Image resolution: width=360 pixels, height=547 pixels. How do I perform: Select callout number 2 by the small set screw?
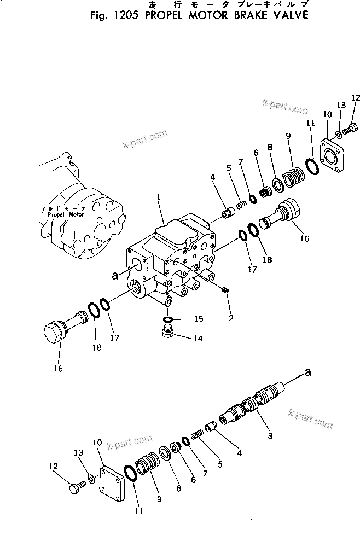pos(231,317)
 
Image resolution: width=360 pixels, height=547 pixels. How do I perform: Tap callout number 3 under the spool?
pos(269,436)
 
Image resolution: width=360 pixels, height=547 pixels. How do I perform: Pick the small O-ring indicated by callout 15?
pos(168,319)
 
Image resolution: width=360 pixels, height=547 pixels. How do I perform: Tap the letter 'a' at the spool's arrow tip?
pos(308,373)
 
